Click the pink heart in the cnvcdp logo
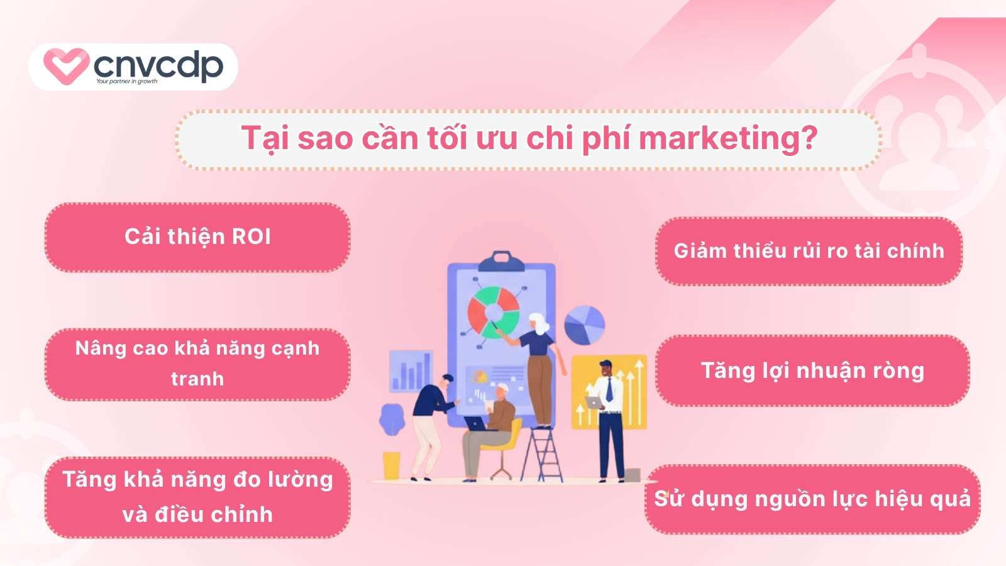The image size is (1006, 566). [65, 65]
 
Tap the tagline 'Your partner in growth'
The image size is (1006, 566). [126, 81]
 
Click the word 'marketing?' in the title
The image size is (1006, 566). [727, 138]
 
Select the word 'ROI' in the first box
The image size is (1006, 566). [251, 236]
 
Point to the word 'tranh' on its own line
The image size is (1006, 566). [197, 379]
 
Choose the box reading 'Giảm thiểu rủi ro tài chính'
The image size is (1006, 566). [809, 251]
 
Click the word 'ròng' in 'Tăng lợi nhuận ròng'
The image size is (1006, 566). [897, 370]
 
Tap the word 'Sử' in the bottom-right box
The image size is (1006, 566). [669, 498]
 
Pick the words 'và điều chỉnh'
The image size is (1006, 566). [197, 514]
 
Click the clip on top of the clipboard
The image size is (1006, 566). [501, 258]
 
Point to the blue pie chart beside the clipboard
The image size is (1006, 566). [584, 325]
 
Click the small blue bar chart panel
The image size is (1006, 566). [411, 371]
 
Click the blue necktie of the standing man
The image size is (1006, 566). [609, 389]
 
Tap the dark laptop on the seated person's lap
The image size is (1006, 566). [476, 424]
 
